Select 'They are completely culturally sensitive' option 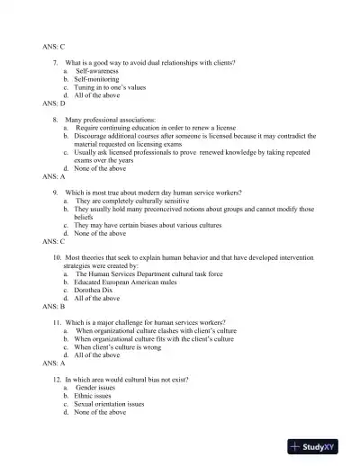click(131, 201)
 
